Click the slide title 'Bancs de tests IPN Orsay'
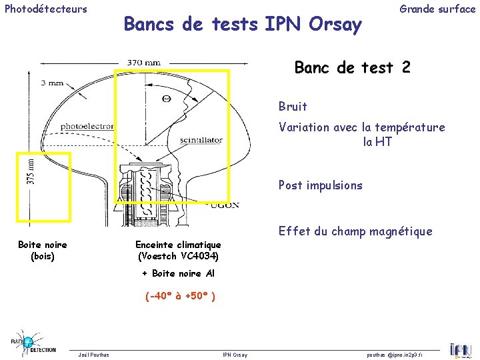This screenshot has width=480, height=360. click(243, 25)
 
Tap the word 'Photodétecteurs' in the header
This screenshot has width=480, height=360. click(46, 9)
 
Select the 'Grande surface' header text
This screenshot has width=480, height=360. click(437, 9)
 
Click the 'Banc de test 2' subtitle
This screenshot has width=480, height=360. click(353, 68)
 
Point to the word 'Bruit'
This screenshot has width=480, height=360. click(293, 107)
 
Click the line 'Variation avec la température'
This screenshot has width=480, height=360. click(361, 127)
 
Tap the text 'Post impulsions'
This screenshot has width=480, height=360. click(320, 185)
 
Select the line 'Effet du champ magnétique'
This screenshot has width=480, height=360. click(355, 232)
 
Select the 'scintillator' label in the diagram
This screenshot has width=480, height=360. click(201, 141)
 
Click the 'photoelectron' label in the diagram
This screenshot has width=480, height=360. click(87, 126)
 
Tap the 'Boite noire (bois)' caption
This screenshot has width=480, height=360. click(43, 250)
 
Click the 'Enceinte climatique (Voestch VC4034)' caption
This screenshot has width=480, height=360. click(178, 250)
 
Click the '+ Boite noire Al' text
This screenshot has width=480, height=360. click(178, 273)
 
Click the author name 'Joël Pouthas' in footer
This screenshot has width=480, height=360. click(94, 355)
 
